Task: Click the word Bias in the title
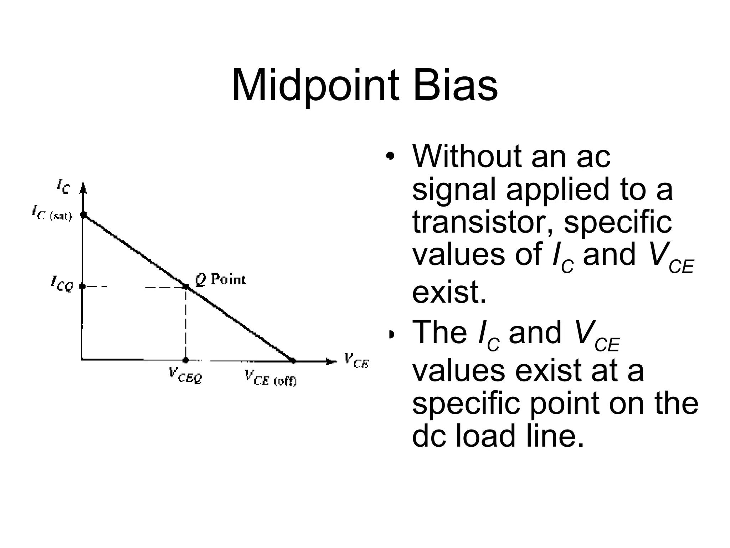[455, 86]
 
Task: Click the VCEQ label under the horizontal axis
[185, 375]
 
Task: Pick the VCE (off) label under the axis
[271, 378]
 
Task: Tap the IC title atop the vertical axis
[63, 186]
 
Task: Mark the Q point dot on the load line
[186, 286]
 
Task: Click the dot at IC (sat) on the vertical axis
[83, 215]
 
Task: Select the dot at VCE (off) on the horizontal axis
[293, 361]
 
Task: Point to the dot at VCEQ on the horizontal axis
[186, 360]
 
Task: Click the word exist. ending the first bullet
[449, 291]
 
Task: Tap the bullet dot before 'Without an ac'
[391, 156]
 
